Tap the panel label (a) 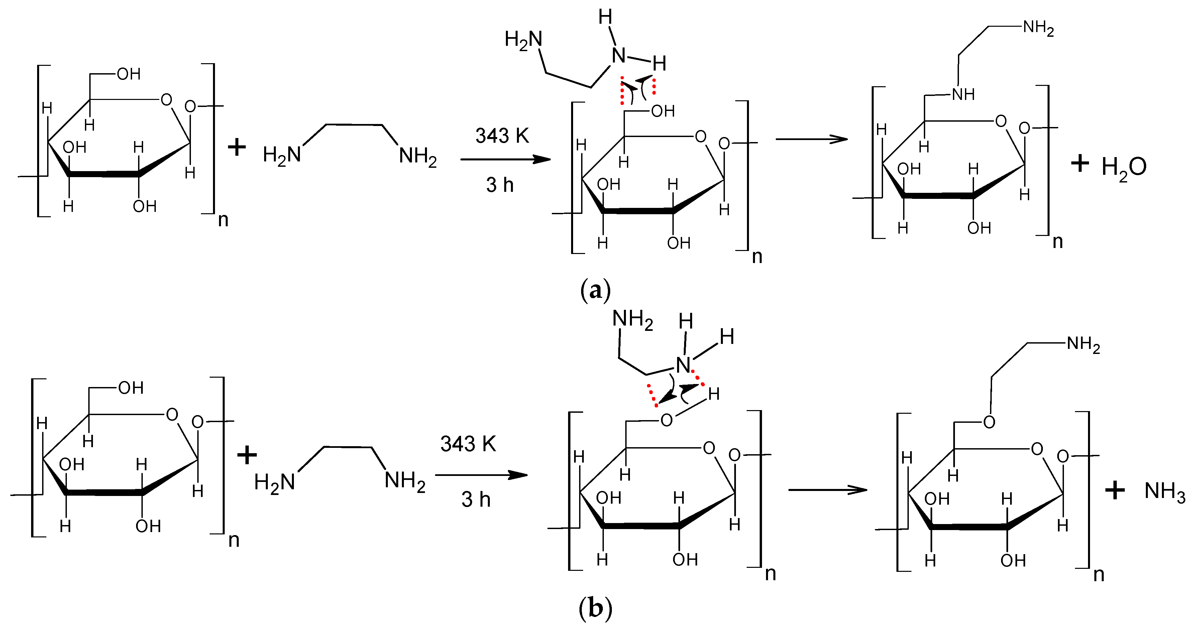click(x=595, y=291)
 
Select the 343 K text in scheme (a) click(x=502, y=136)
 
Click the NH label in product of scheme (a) click(x=963, y=95)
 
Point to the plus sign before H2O click(x=1080, y=163)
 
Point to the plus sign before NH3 click(x=1115, y=490)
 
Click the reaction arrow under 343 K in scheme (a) click(x=505, y=160)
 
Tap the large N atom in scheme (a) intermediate click(x=619, y=55)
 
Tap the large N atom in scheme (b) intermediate click(x=683, y=365)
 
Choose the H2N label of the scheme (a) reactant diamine click(x=282, y=155)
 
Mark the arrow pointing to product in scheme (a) click(x=811, y=139)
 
